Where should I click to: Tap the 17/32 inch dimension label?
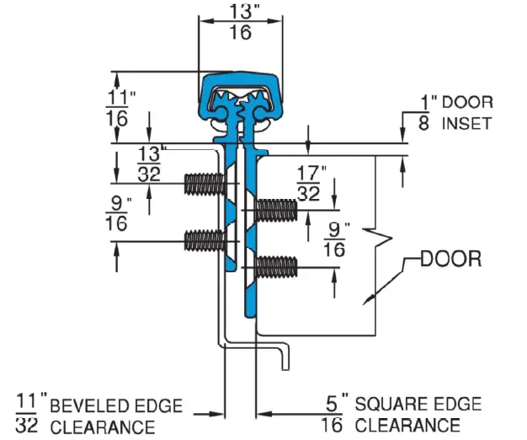pyautogui.click(x=310, y=184)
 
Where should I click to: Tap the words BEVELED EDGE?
pyautogui.click(x=116, y=406)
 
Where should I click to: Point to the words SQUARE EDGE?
pyautogui.click(x=418, y=405)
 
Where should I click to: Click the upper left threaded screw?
pyautogui.click(x=205, y=183)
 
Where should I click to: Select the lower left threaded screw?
pyautogui.click(x=205, y=240)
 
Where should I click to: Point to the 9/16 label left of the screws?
pyautogui.click(x=118, y=212)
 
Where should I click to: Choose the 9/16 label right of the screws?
pyautogui.click(x=337, y=240)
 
